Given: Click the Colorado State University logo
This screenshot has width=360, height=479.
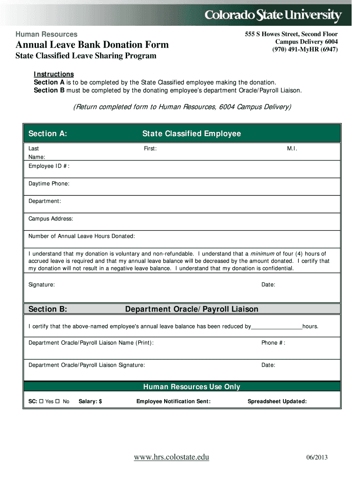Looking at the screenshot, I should [x=274, y=16].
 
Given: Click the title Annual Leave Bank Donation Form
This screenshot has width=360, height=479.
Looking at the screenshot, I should [x=92, y=45].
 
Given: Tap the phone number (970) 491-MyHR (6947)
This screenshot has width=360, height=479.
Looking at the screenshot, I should [x=305, y=50].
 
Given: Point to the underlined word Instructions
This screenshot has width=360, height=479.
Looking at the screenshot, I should [x=54, y=74].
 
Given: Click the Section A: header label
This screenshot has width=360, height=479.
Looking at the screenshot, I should [x=48, y=134].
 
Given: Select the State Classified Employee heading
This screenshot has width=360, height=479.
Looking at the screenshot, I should [x=192, y=134].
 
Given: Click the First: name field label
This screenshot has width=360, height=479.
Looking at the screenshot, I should [x=150, y=148].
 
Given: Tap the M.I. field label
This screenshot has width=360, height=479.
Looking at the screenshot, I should [x=292, y=148].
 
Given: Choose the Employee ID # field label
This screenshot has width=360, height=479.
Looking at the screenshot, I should [x=49, y=166].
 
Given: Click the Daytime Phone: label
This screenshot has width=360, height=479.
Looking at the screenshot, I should [x=49, y=183].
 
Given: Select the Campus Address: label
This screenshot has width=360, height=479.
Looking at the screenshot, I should [x=51, y=218].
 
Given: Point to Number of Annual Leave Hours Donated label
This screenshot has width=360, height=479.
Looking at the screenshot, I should [x=82, y=236].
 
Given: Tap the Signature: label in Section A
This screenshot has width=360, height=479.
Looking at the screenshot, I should [x=42, y=284].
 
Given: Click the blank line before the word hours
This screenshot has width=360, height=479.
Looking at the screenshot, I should [x=277, y=327].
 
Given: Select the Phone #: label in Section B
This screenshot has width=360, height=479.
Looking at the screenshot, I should [x=273, y=343].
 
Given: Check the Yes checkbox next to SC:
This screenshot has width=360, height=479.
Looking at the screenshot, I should [x=41, y=401].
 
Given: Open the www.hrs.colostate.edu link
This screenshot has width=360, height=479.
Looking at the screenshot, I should [x=172, y=457].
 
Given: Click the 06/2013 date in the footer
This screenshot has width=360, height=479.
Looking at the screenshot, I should [x=318, y=457].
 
